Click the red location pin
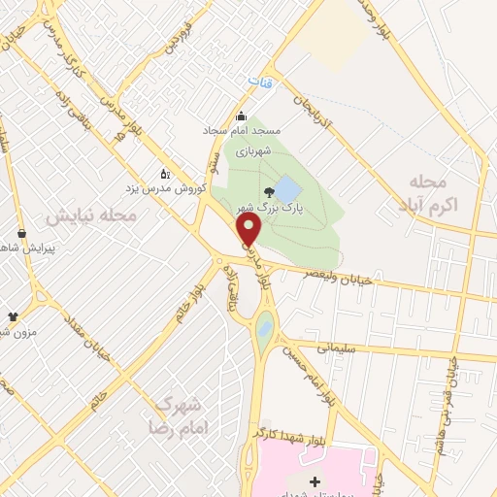pos(250,230)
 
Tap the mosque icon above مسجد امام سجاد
pos(242,117)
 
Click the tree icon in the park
pos(268,191)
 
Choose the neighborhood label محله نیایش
pos(91,214)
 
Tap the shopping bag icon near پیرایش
pos(21,233)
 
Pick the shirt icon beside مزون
pos(13,316)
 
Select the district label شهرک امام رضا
pos(175,414)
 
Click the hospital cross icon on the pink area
pos(314,481)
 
